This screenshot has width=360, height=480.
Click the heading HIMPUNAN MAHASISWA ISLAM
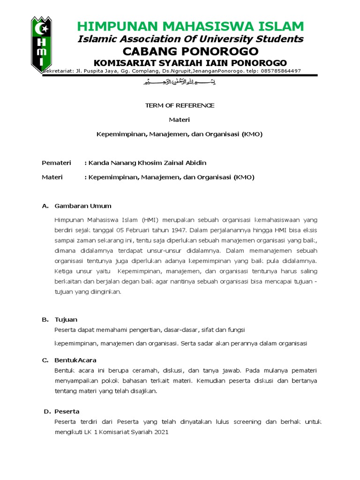click(190, 26)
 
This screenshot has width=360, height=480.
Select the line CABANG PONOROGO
click(190, 51)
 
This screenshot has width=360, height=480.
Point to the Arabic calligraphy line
click(180, 82)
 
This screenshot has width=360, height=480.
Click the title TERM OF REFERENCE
click(180, 105)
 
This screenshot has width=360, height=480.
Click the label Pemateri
click(56, 163)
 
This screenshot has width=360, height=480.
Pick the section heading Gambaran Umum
click(83, 206)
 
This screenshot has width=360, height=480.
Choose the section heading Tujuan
click(66, 319)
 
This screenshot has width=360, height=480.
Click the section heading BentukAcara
click(75, 360)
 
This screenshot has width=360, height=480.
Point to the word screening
click(247, 421)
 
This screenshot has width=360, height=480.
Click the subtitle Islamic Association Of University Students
click(190, 38)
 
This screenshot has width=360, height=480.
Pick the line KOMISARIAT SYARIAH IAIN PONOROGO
click(190, 63)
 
